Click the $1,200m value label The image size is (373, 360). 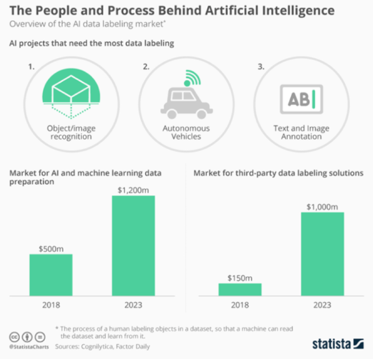tap(133, 190)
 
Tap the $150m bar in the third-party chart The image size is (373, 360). tap(240, 289)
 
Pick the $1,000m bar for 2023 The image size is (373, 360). tap(322, 254)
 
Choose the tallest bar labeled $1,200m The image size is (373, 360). tap(133, 245)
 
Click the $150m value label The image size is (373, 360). tap(240, 277)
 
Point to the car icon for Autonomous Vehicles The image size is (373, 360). tap(186, 102)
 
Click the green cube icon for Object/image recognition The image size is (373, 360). tap(71, 92)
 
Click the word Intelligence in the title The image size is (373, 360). tap(296, 10)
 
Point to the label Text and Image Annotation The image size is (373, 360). tap(301, 132)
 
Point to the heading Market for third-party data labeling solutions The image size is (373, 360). tap(278, 173)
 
